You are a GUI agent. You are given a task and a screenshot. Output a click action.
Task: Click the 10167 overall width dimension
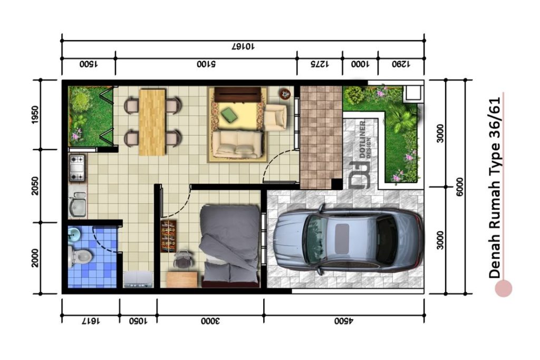[x=243, y=46]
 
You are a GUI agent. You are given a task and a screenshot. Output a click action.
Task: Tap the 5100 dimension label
[x=206, y=64]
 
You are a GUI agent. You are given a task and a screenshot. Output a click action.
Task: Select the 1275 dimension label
[x=320, y=64]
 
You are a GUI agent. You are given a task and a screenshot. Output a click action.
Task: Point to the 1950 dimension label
[x=35, y=114]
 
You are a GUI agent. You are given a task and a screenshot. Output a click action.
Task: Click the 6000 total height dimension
[x=460, y=187]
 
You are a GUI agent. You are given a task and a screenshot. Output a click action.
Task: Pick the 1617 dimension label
[x=91, y=321]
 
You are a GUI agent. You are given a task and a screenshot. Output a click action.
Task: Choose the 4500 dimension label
[x=344, y=321]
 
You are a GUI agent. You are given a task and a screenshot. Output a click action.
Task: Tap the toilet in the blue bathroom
[x=80, y=256]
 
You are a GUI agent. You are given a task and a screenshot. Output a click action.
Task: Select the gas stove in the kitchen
[x=77, y=168]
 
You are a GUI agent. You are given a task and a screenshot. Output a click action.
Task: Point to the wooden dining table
[x=152, y=122]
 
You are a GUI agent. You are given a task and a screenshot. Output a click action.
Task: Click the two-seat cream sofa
[x=238, y=144]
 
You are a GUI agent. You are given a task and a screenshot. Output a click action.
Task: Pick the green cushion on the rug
[x=229, y=114]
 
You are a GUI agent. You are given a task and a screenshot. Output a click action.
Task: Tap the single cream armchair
[x=275, y=117]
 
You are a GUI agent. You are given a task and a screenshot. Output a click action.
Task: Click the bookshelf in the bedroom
[x=168, y=236]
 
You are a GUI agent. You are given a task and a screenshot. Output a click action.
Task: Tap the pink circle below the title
[x=503, y=288]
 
